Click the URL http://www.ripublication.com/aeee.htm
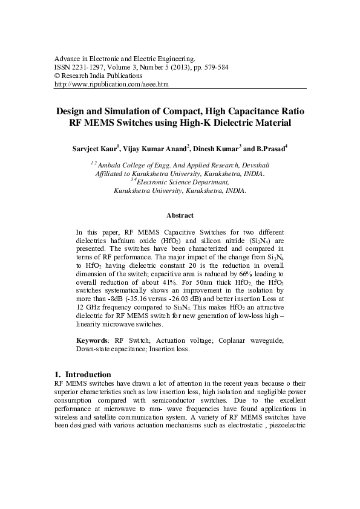point(111,85)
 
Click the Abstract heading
point(180,215)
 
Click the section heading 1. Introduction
point(82,374)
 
